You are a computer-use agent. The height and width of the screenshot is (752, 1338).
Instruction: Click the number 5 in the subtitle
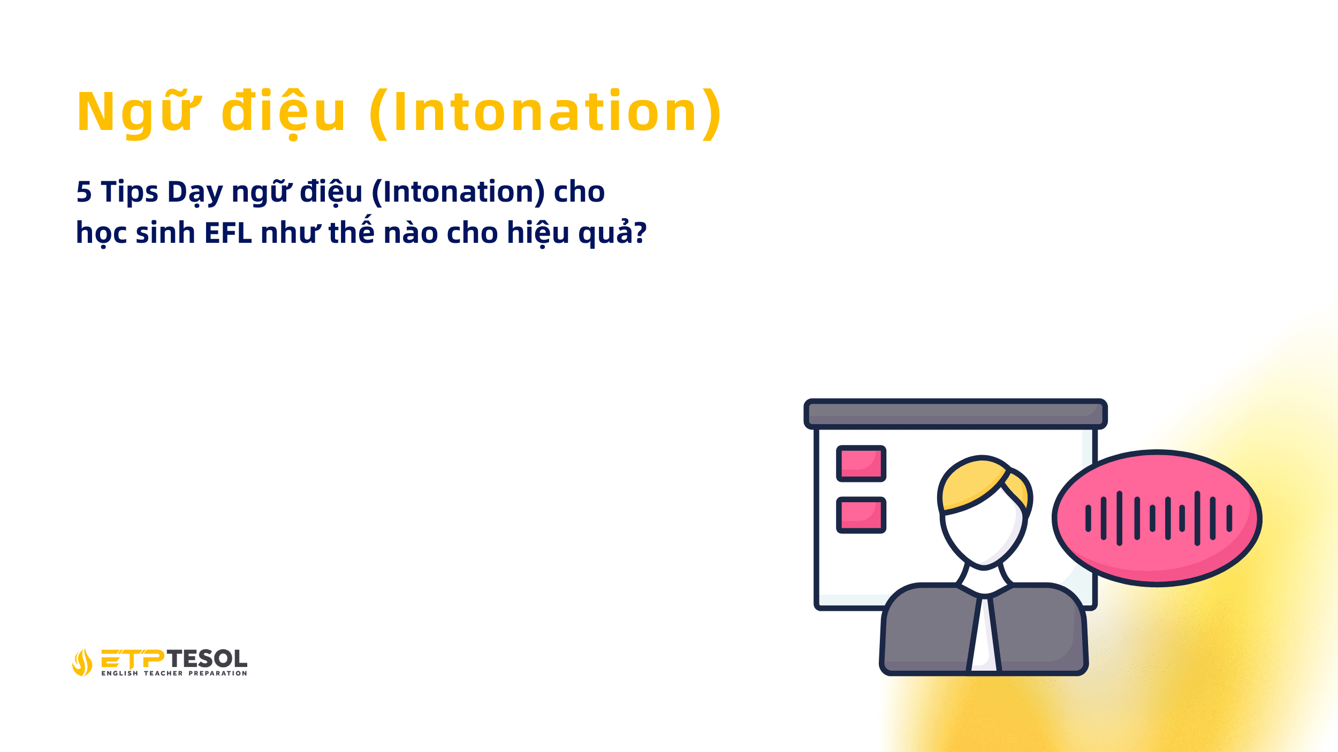84,192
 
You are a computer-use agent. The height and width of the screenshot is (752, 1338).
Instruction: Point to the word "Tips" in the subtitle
130,192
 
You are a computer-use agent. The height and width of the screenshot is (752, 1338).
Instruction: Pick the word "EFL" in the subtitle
228,233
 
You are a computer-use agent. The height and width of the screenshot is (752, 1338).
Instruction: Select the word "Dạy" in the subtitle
195,192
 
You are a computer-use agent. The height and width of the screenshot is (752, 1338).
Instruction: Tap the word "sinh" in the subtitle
165,233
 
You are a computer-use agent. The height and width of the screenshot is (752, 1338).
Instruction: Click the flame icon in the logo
82,663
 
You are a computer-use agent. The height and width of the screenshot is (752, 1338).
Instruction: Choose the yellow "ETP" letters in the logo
133,659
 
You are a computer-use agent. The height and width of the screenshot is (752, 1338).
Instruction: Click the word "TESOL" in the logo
207,658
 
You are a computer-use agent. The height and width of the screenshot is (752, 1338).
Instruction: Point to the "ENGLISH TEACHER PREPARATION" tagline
174,673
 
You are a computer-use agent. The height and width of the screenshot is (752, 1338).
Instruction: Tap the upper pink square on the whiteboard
861,464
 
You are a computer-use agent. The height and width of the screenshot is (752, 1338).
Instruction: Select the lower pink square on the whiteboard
861,516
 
